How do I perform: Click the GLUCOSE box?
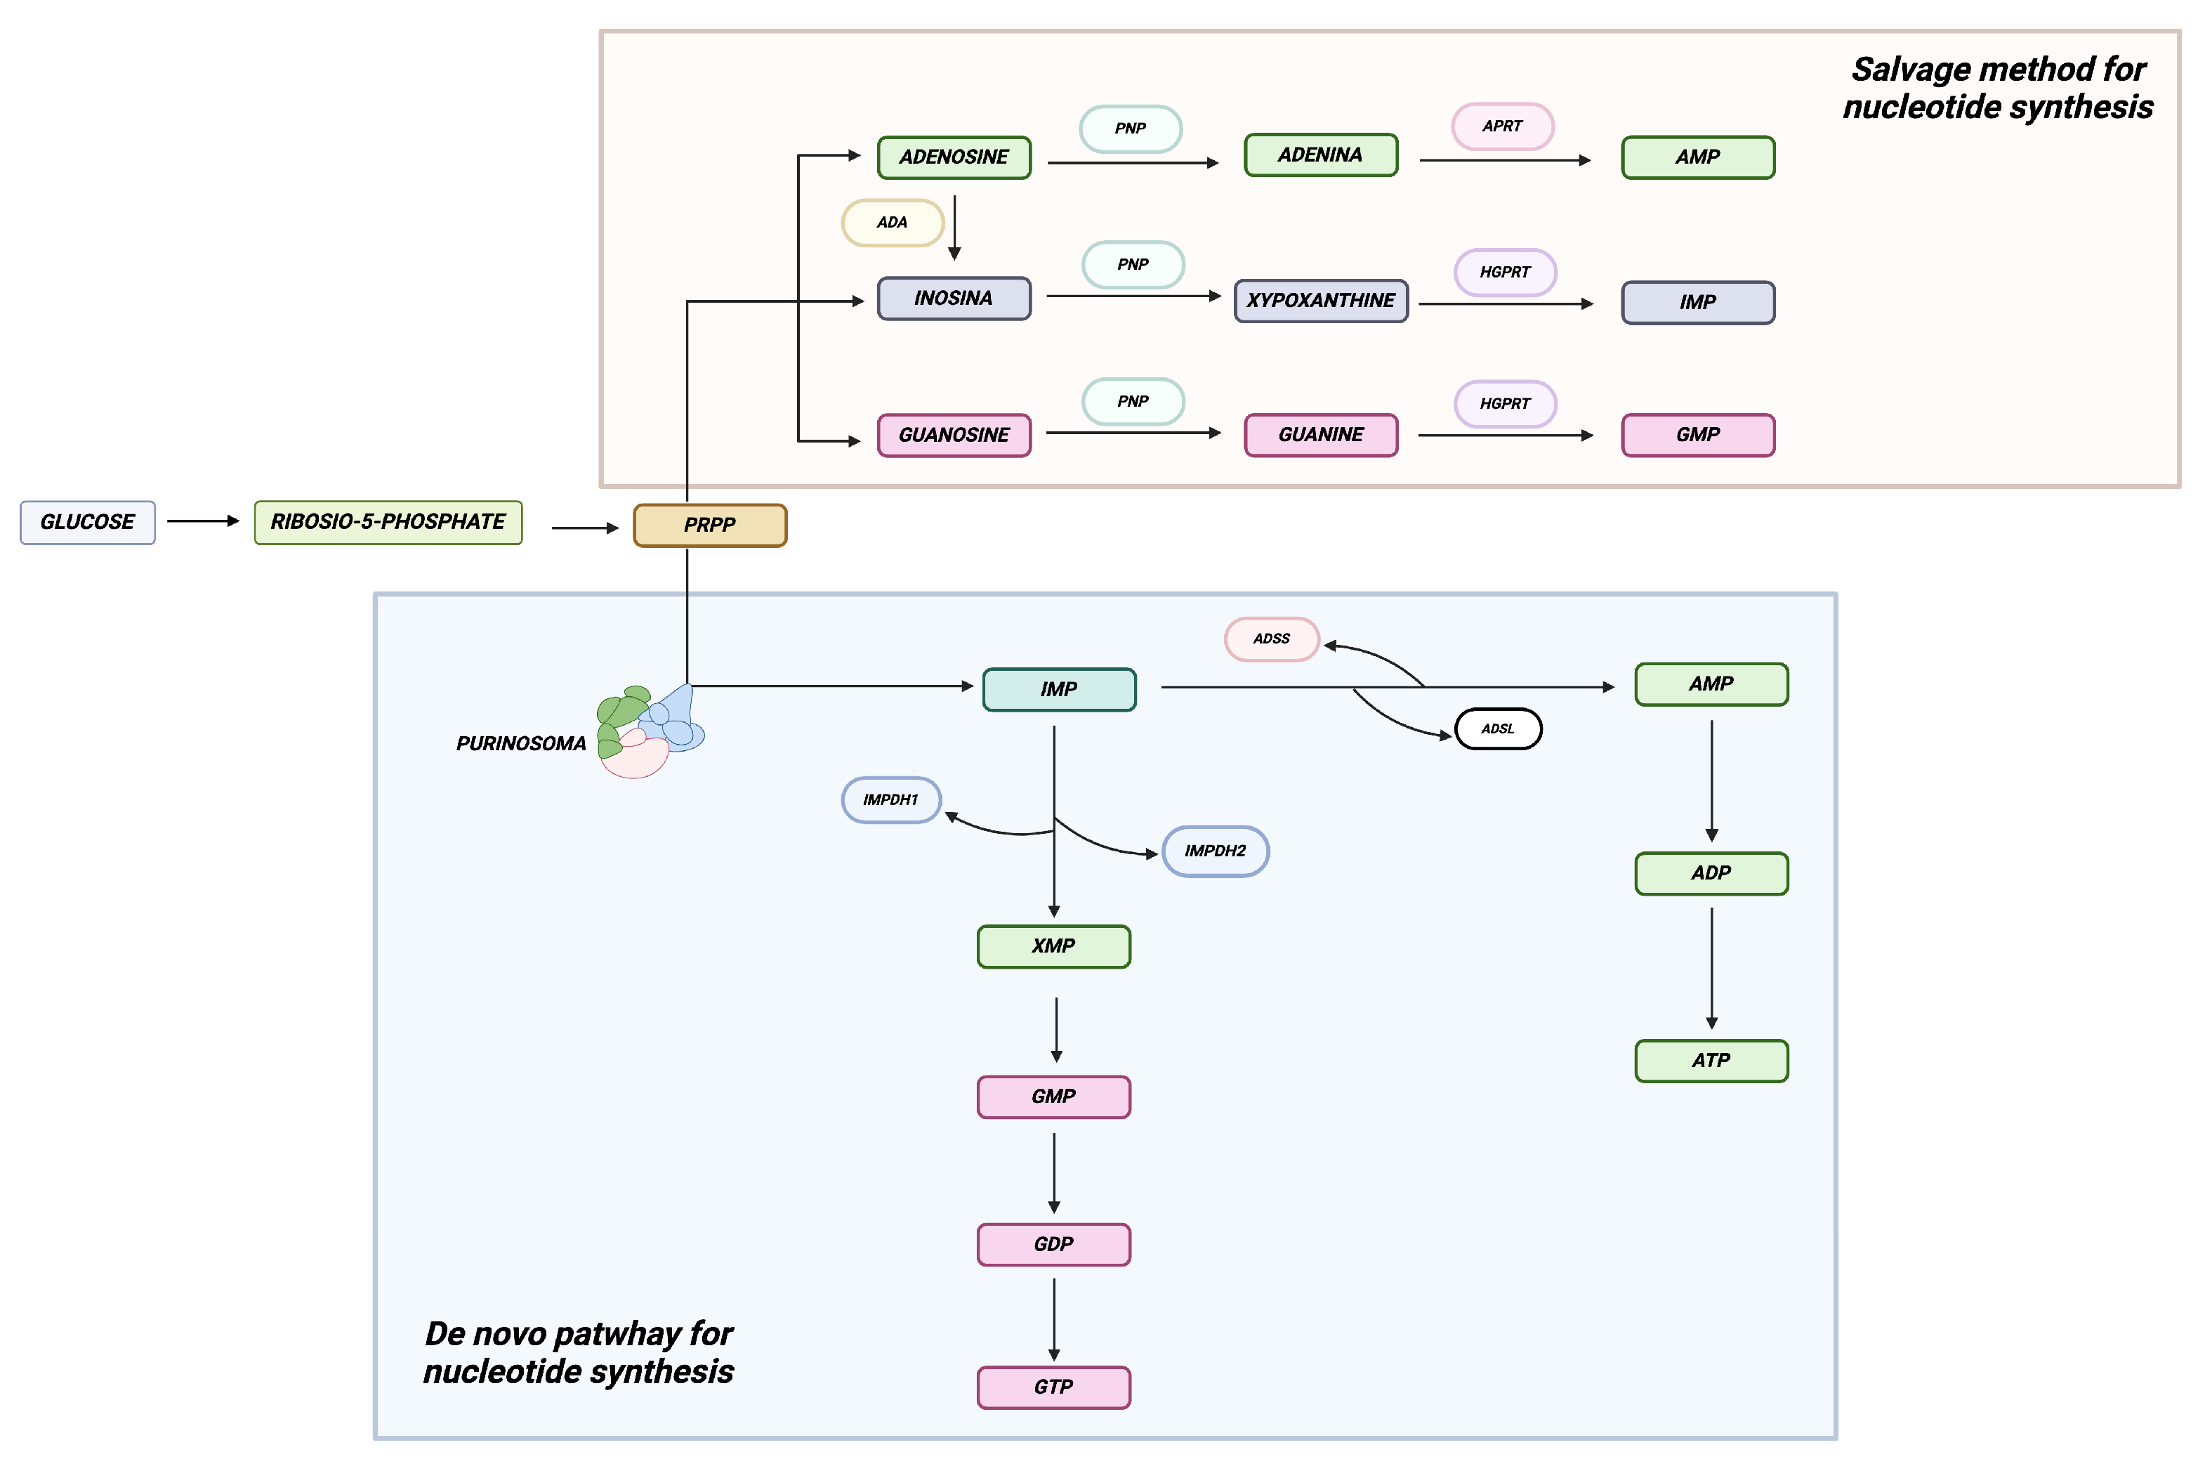click(x=88, y=522)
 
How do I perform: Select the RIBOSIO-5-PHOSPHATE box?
click(x=388, y=522)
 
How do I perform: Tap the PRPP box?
click(x=709, y=525)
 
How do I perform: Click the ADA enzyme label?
click(x=891, y=223)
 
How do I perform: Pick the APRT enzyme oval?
click(x=1501, y=126)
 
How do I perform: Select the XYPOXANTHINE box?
click(x=1320, y=301)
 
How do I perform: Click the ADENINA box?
click(x=1320, y=155)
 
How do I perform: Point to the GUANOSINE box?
click(x=954, y=435)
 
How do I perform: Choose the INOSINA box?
click(x=954, y=299)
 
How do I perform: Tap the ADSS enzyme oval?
click(x=1271, y=639)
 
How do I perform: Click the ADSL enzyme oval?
click(x=1497, y=728)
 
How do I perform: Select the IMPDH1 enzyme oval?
click(x=890, y=799)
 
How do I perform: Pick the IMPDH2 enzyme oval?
click(x=1215, y=851)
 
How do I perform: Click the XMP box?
click(x=1053, y=946)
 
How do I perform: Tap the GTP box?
click(x=1053, y=1387)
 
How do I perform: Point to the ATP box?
click(x=1711, y=1061)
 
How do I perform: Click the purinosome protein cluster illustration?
click(x=648, y=731)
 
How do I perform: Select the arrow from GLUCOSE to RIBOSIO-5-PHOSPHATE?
click(x=203, y=521)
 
